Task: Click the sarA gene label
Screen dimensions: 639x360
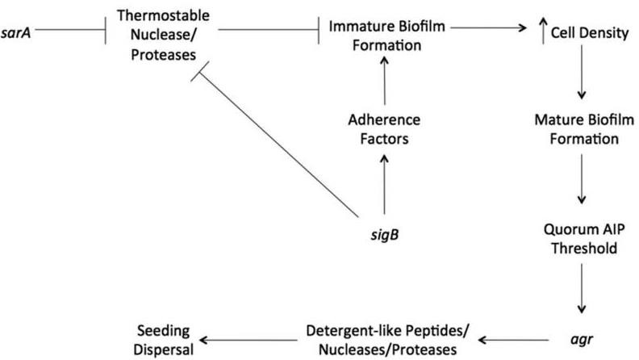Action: pyautogui.click(x=16, y=32)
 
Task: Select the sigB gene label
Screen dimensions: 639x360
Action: pyautogui.click(x=384, y=235)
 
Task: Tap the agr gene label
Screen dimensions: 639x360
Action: pyautogui.click(x=582, y=339)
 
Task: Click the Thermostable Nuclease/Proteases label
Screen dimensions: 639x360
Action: pyautogui.click(x=164, y=35)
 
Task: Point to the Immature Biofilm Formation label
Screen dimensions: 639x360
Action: pyautogui.click(x=386, y=36)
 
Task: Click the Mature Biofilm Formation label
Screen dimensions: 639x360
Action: pyautogui.click(x=584, y=129)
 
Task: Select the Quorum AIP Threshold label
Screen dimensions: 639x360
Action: pyautogui.click(x=584, y=238)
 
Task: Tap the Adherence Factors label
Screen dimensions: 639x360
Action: pyautogui.click(x=384, y=129)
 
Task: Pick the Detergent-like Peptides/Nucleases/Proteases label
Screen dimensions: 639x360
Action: pyautogui.click(x=387, y=340)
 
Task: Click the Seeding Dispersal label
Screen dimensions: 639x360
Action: pyautogui.click(x=164, y=340)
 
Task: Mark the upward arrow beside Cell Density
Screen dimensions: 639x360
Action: pyautogui.click(x=543, y=31)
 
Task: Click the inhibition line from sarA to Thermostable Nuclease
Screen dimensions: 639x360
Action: pyautogui.click(x=70, y=30)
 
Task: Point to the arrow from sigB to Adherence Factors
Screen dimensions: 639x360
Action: pyautogui.click(x=384, y=184)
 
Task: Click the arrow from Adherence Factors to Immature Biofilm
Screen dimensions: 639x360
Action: pyautogui.click(x=384, y=81)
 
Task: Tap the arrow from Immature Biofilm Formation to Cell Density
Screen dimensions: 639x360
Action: pyautogui.click(x=489, y=27)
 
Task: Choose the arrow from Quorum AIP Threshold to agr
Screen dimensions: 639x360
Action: pyautogui.click(x=582, y=289)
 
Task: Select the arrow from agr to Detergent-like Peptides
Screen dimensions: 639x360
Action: pyautogui.click(x=513, y=340)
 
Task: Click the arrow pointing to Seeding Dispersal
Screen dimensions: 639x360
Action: pyautogui.click(x=248, y=340)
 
